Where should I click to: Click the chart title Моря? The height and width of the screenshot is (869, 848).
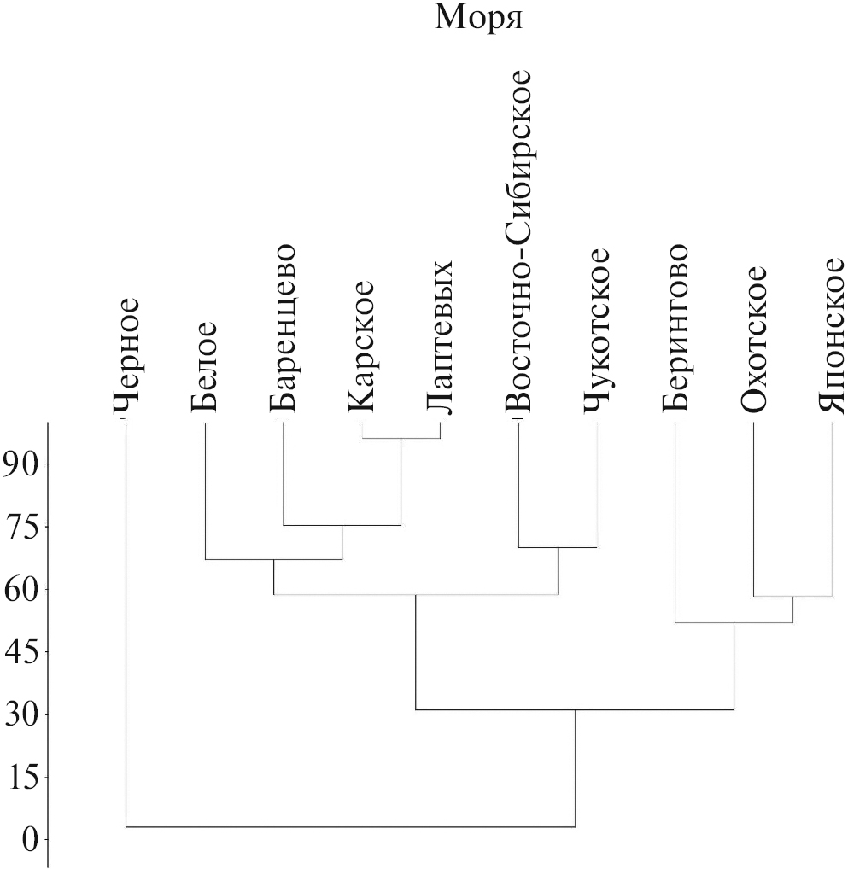478,17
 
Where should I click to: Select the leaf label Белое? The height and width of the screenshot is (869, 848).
204,366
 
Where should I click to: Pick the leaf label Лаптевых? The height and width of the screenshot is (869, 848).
440,337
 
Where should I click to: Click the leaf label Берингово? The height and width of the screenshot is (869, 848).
675,330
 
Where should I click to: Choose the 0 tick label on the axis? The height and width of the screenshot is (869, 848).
30,840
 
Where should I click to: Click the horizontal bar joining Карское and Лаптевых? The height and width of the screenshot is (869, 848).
401,438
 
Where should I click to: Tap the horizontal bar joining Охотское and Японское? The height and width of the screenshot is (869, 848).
792,596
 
